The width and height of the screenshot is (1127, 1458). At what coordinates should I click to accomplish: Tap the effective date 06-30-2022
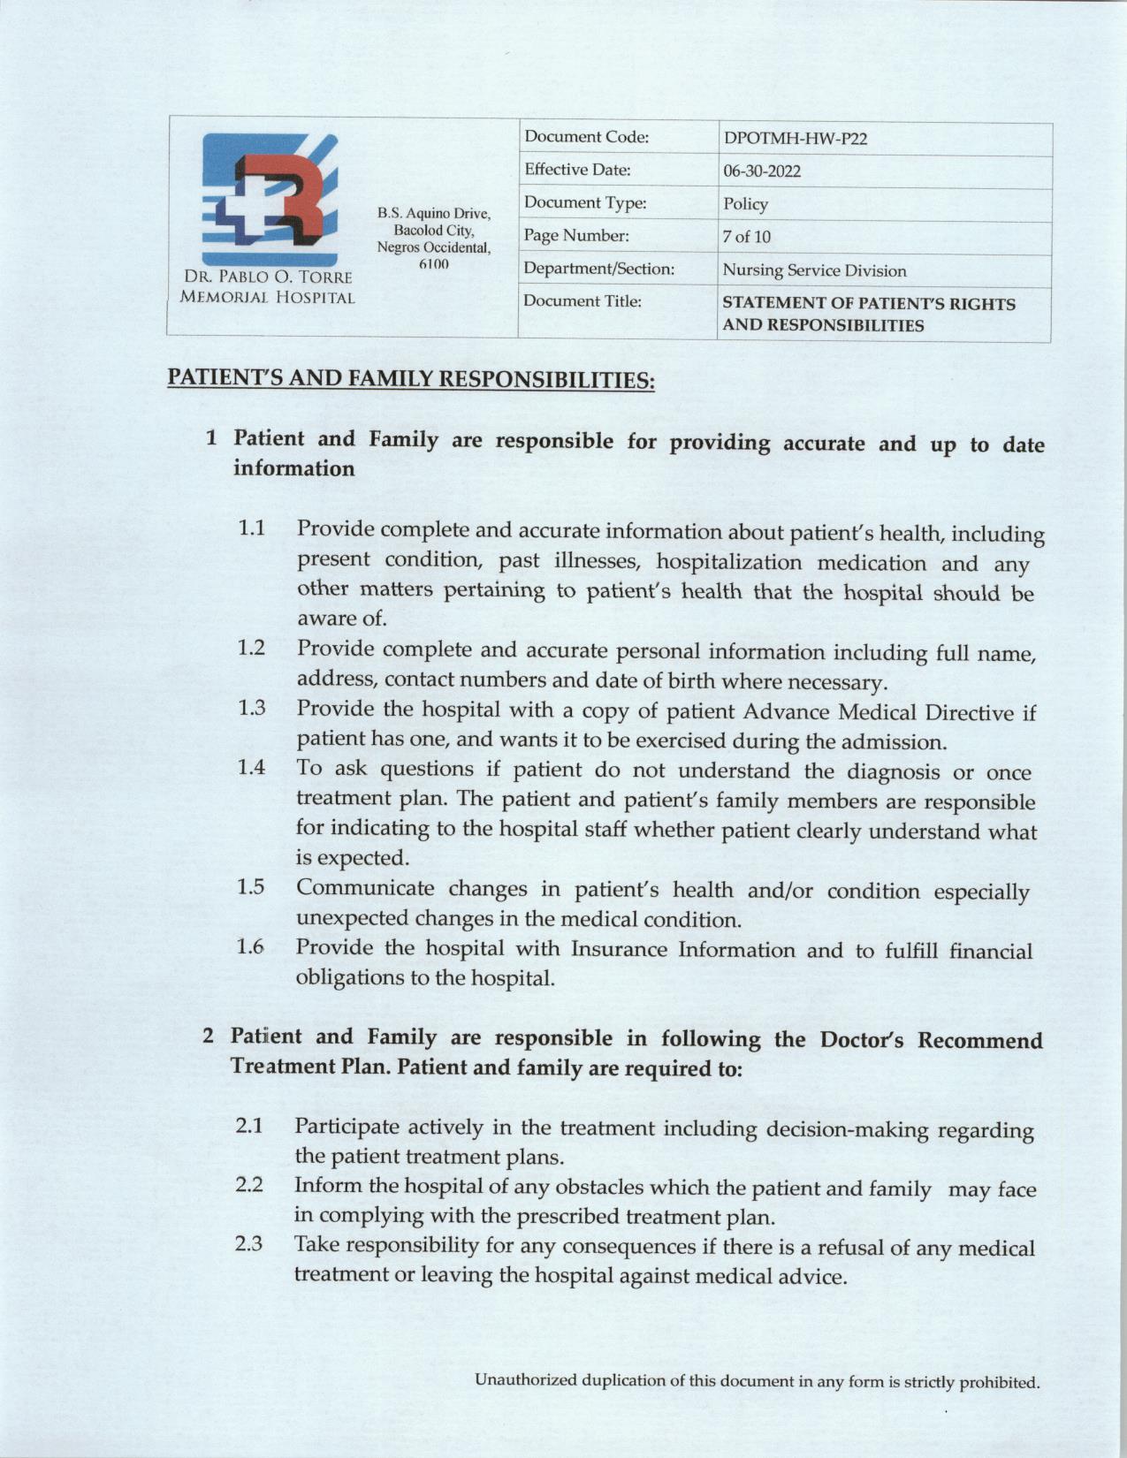pyautogui.click(x=762, y=171)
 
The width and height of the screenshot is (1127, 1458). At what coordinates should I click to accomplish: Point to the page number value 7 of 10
pyautogui.click(x=747, y=237)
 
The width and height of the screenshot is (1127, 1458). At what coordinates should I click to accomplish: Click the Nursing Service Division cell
pyautogui.click(x=814, y=270)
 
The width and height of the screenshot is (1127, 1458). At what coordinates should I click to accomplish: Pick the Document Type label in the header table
pyautogui.click(x=585, y=203)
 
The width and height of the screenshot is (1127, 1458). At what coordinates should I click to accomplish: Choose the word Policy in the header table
pyautogui.click(x=745, y=204)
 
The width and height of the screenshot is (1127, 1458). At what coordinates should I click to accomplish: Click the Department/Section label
pyautogui.click(x=599, y=268)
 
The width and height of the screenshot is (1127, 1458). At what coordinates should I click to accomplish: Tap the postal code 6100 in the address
pyautogui.click(x=433, y=264)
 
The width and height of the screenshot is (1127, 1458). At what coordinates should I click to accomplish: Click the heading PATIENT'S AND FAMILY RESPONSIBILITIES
pyautogui.click(x=411, y=379)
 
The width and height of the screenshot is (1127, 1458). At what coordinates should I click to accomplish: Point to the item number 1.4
pyautogui.click(x=252, y=767)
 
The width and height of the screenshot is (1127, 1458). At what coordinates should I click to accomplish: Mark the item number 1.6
pyautogui.click(x=251, y=947)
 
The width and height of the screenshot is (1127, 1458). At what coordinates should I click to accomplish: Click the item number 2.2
pyautogui.click(x=249, y=1185)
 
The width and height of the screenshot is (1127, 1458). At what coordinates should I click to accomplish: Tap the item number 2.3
pyautogui.click(x=249, y=1244)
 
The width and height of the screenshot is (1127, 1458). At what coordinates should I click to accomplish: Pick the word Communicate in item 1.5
pyautogui.click(x=365, y=887)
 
